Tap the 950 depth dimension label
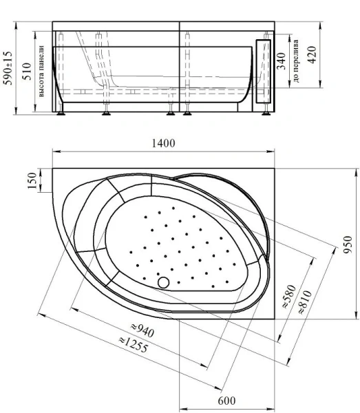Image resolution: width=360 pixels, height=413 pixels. point(348,243)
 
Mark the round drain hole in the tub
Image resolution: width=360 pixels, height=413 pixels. point(163,281)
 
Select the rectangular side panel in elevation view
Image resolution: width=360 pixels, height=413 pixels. point(262,72)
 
